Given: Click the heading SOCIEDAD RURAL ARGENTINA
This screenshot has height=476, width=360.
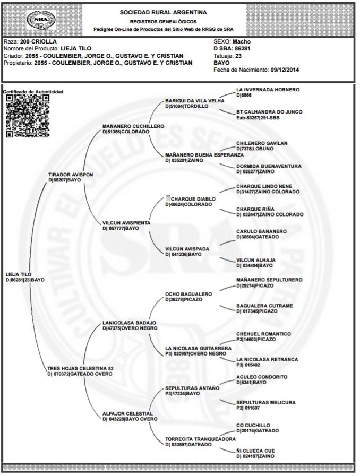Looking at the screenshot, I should coord(164,12).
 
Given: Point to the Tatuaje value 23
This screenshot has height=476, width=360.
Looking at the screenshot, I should coord(238,55).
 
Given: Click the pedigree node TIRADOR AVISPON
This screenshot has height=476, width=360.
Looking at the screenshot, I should coord(71,174).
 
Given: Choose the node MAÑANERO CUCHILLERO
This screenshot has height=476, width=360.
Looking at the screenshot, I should coord(133,126).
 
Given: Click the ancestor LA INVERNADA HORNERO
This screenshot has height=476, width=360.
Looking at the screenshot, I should coord(268,90).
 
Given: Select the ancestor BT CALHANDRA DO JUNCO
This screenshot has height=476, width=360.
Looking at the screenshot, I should coord(269,112).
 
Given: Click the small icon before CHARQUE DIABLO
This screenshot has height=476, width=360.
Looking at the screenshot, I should coord(167,198).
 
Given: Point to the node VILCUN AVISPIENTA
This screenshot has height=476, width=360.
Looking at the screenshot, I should coord(126,223).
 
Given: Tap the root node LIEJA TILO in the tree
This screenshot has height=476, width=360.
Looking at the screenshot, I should coord(18,274).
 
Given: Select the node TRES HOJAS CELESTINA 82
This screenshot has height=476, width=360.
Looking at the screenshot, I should coord(80,368).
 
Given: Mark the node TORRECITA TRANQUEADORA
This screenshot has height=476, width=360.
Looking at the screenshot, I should coord(200,439).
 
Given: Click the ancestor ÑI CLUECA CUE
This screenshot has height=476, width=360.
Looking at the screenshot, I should coord(255,451).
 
